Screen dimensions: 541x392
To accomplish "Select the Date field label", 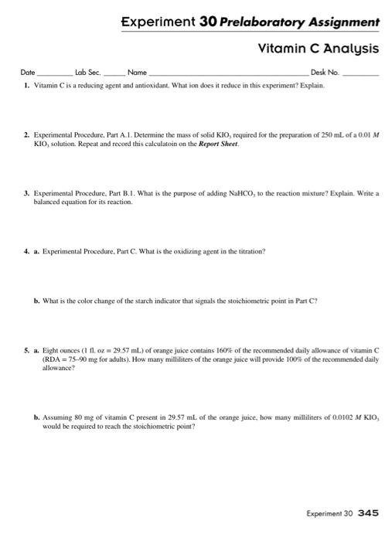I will pyautogui.click(x=28, y=73).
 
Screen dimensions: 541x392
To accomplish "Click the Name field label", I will pyautogui.click(x=137, y=73).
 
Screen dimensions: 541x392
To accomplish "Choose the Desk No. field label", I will pyautogui.click(x=326, y=73).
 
